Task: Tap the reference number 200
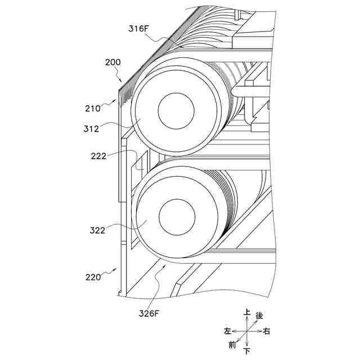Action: (x=112, y=62)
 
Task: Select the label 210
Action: (x=93, y=107)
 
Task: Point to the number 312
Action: (x=91, y=128)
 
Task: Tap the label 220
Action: (x=93, y=277)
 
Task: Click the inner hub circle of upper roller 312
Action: (x=176, y=109)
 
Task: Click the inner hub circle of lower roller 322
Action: (x=177, y=217)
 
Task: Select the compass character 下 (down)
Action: (x=247, y=351)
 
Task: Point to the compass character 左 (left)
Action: (x=227, y=331)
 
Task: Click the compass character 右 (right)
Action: (x=267, y=331)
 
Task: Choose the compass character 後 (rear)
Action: (x=259, y=317)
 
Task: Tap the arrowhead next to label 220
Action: (x=116, y=270)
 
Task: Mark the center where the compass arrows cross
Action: (x=247, y=331)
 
